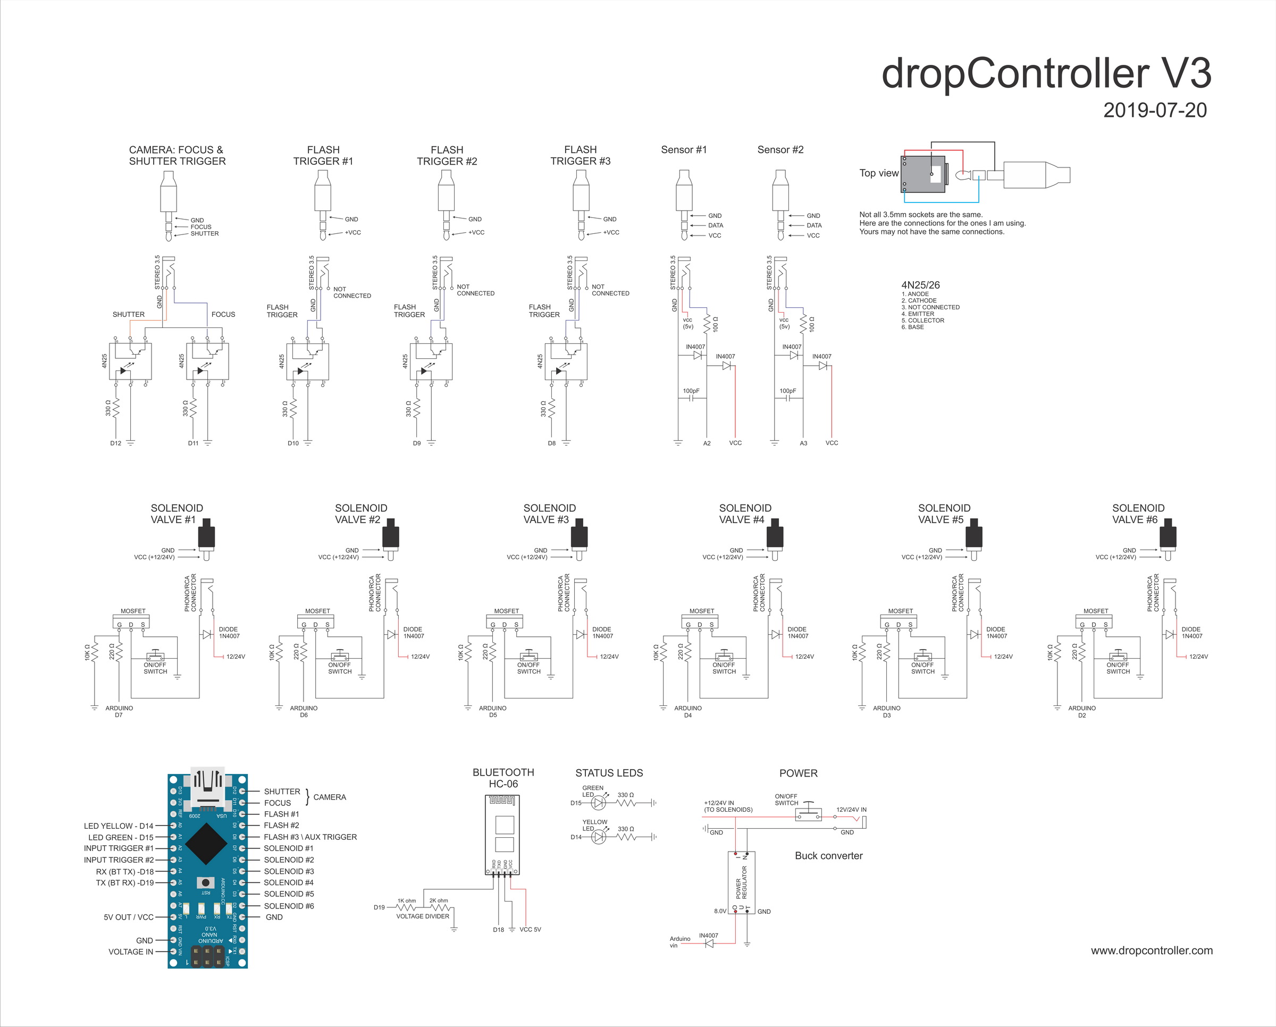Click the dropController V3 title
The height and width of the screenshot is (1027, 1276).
point(1046,73)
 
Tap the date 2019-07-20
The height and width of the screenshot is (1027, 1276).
point(1155,110)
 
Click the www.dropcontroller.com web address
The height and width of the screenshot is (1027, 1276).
point(1151,950)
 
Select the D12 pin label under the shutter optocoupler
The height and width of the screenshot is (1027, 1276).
point(115,443)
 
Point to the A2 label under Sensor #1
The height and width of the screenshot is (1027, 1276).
point(707,443)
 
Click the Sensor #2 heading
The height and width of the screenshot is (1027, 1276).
point(780,150)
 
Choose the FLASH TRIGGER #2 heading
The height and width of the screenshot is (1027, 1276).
point(447,156)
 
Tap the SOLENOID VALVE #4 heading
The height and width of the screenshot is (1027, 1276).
point(744,513)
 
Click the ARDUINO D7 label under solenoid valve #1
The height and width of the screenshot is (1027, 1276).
point(119,711)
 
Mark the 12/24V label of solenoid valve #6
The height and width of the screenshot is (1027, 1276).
point(1198,656)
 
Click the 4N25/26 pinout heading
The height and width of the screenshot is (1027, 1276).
point(920,285)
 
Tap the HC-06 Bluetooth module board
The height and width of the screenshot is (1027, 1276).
point(503,834)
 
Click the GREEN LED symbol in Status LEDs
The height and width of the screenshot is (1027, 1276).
point(599,803)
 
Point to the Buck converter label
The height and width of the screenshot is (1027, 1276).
point(828,855)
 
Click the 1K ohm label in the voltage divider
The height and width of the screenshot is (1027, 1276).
point(407,901)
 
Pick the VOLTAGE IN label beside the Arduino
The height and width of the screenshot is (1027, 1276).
point(130,952)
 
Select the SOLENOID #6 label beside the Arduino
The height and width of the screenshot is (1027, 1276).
point(289,906)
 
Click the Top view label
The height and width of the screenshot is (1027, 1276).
point(878,173)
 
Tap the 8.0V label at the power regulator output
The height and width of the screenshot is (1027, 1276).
point(720,911)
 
